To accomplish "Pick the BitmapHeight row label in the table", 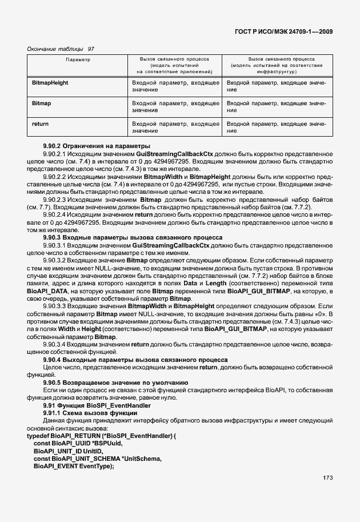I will click(x=50, y=83).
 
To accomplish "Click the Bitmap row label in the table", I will click(x=42, y=103).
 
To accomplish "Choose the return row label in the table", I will click(x=41, y=123).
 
